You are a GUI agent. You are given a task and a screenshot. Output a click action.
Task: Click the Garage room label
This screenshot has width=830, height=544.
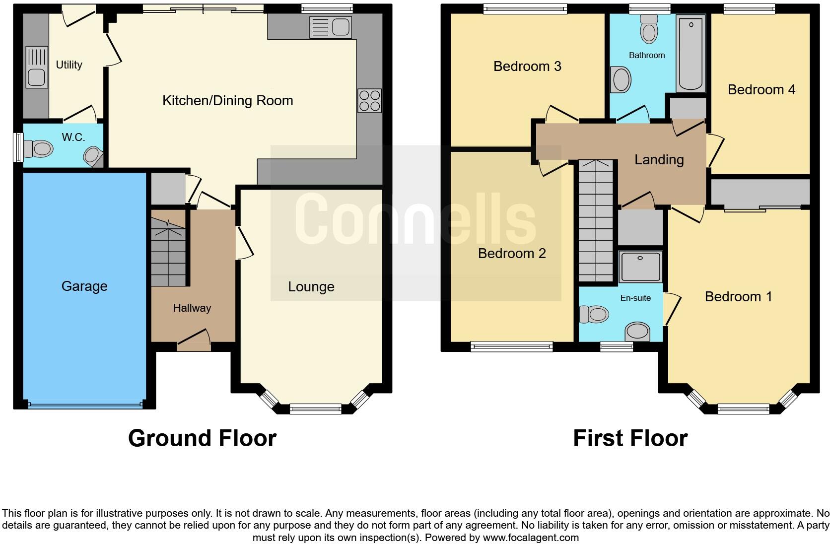(84, 286)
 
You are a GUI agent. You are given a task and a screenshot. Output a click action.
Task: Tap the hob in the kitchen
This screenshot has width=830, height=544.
(369, 100)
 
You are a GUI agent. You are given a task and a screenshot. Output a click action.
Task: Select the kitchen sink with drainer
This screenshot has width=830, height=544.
(330, 27)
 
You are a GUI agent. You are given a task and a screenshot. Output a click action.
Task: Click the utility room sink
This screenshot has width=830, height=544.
(37, 67)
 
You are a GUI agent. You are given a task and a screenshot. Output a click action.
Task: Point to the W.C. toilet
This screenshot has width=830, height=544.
(39, 148)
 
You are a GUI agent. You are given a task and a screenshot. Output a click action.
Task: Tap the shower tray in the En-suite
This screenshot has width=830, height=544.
(640, 267)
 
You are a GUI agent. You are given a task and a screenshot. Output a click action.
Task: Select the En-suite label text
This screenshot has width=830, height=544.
(635, 298)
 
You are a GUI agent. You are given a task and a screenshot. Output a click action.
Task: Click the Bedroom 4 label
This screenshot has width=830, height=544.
(761, 90)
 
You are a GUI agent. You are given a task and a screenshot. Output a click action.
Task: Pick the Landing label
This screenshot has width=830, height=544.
(659, 160)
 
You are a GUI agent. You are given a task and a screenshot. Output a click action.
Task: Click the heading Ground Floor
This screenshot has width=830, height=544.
(202, 438)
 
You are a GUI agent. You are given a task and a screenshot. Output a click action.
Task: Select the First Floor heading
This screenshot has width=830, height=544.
(630, 438)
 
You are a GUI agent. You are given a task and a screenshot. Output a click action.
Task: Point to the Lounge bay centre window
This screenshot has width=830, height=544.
(315, 408)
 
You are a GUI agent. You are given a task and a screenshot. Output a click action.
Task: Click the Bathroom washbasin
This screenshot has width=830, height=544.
(621, 79)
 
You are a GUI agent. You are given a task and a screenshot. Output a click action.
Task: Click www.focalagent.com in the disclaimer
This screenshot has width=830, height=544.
(530, 537)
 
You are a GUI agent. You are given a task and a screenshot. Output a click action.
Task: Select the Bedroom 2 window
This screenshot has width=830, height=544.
(511, 346)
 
